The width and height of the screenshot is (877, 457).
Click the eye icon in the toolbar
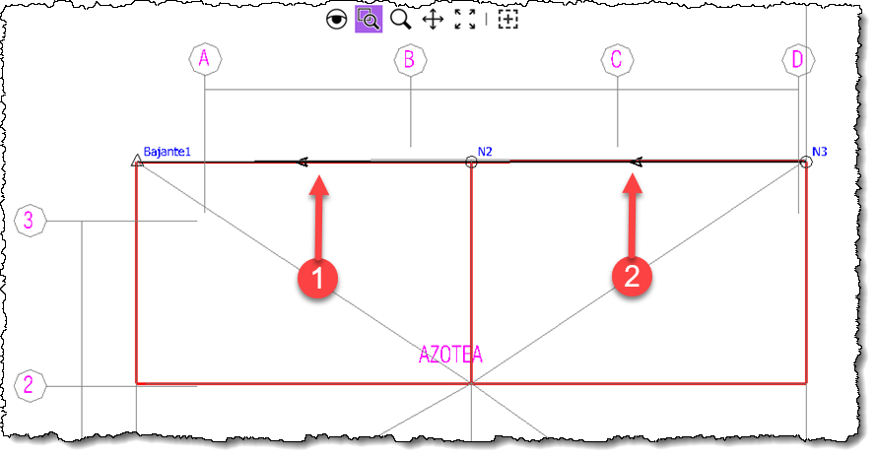(x=336, y=20)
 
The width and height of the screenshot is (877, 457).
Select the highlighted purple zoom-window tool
(x=369, y=20)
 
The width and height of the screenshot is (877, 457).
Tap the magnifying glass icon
(x=400, y=20)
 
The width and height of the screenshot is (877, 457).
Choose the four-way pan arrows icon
(x=433, y=20)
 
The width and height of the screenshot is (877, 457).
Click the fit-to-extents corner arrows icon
(x=465, y=20)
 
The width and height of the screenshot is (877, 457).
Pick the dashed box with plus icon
(x=507, y=20)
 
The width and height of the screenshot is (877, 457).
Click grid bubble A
(x=205, y=59)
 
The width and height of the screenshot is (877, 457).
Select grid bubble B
(x=411, y=60)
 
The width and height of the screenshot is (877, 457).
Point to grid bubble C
(x=618, y=59)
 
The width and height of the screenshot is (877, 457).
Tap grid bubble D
(x=798, y=59)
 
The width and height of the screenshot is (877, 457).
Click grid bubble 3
(x=31, y=221)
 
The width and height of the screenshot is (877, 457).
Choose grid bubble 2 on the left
(x=31, y=385)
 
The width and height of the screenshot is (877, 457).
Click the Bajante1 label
(x=168, y=151)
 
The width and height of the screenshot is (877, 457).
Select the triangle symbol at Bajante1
(x=136, y=161)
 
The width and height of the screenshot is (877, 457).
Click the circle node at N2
(x=471, y=163)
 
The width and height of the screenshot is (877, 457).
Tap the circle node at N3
(x=805, y=163)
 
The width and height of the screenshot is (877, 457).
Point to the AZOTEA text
(x=450, y=355)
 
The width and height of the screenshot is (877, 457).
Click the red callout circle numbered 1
(x=317, y=278)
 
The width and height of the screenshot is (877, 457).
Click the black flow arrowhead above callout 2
(x=636, y=163)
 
